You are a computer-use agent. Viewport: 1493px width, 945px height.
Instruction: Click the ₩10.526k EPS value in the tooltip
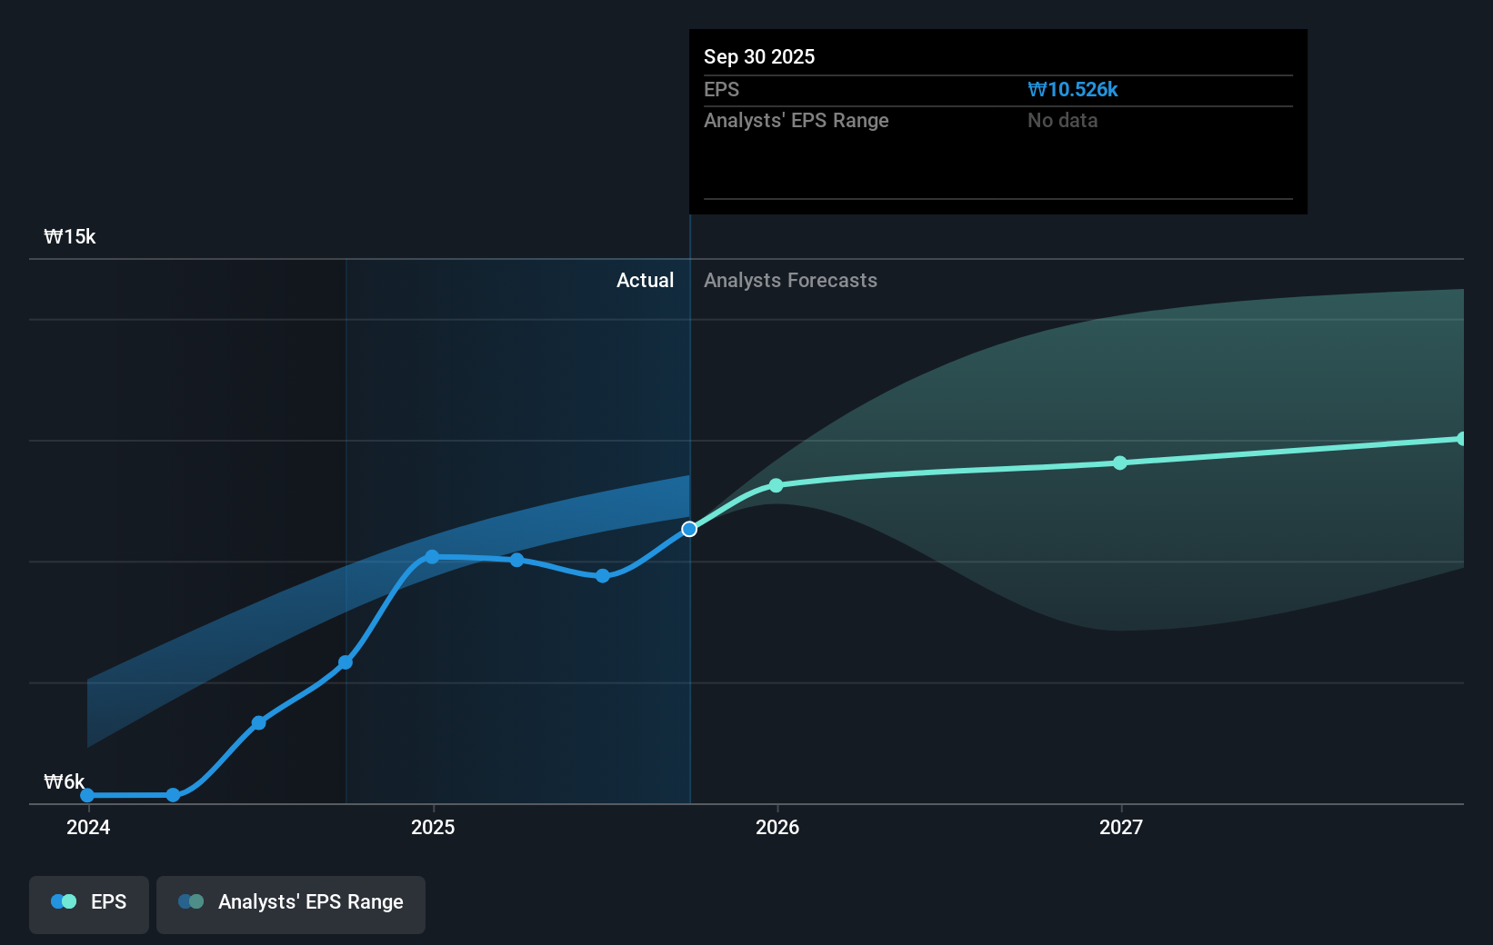click(1072, 90)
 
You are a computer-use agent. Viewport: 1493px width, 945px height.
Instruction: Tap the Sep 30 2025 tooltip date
click(758, 57)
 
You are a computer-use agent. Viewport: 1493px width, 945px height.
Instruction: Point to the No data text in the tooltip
click(1062, 121)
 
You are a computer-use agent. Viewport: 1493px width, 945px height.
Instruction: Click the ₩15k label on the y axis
click(70, 237)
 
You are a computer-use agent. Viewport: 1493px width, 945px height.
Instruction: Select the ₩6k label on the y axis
click(64, 782)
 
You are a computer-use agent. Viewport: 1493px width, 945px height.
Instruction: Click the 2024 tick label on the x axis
click(88, 827)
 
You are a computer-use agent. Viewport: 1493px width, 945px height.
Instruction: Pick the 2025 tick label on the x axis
click(433, 827)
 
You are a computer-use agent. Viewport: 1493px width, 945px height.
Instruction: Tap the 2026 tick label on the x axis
click(777, 827)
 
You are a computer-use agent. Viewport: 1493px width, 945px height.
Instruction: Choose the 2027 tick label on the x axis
click(1120, 827)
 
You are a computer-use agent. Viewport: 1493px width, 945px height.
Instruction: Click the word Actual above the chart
click(645, 281)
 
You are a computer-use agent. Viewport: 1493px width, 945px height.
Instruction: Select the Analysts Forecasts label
click(790, 281)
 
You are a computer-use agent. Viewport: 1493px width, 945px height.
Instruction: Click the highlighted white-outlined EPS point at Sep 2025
click(689, 529)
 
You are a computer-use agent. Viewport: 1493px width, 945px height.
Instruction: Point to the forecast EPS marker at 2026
click(776, 485)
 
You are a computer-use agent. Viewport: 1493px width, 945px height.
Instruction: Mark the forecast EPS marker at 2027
click(1120, 463)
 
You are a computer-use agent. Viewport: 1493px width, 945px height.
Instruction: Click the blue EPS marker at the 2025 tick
click(432, 557)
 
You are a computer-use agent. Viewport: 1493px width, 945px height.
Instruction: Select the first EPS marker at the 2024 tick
click(87, 796)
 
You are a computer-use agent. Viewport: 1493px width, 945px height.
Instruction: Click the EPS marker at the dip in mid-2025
click(602, 576)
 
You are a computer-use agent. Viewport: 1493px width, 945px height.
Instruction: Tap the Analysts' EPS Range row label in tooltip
click(796, 121)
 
